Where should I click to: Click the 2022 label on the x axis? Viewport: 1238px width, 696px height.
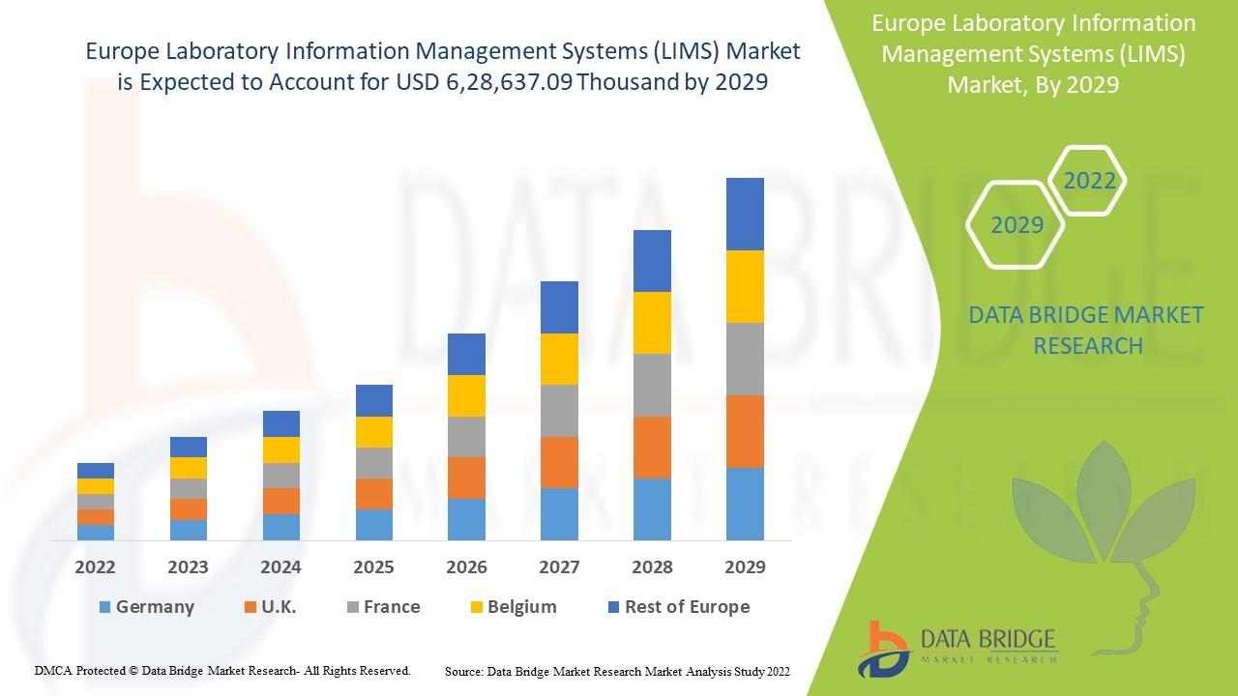96,567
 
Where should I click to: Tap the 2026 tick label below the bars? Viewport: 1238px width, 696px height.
466,567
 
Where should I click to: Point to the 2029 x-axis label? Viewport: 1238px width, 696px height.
745,567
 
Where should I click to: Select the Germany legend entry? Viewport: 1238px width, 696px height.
146,607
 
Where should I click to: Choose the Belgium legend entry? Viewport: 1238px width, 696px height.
513,607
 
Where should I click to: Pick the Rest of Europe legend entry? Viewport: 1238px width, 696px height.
678,607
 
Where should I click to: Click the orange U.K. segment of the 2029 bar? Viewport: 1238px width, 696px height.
745,431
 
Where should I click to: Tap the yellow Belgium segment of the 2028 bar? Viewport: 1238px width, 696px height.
652,323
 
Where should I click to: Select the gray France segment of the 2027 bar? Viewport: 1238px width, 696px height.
559,411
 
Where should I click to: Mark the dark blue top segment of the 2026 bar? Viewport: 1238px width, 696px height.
466,354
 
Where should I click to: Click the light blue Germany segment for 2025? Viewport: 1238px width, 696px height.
373,524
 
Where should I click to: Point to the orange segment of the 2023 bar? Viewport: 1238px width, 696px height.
189,509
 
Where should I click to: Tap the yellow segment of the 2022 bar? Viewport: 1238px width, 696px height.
96,486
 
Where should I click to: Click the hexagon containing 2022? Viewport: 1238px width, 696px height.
1088,181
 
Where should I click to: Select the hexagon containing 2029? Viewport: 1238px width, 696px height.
1017,225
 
